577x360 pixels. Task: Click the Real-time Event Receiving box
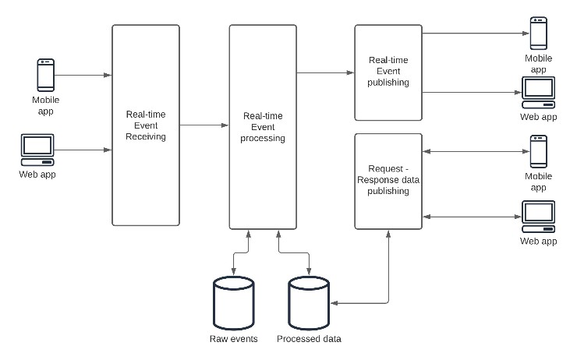click(x=146, y=125)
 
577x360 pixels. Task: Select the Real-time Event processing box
click(x=263, y=127)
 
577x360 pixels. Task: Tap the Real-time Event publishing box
click(x=388, y=72)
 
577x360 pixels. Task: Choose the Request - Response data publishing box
click(x=388, y=181)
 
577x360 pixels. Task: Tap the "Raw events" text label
click(x=234, y=339)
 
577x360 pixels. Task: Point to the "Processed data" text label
click(x=309, y=339)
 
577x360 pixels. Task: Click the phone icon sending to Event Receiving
click(x=46, y=76)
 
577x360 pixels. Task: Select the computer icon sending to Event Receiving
click(x=38, y=149)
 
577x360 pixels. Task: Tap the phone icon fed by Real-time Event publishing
click(x=538, y=34)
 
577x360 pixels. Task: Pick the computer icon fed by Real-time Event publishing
click(x=538, y=93)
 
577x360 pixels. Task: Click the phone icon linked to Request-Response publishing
click(x=538, y=151)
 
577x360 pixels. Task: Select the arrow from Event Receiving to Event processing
click(x=204, y=125)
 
